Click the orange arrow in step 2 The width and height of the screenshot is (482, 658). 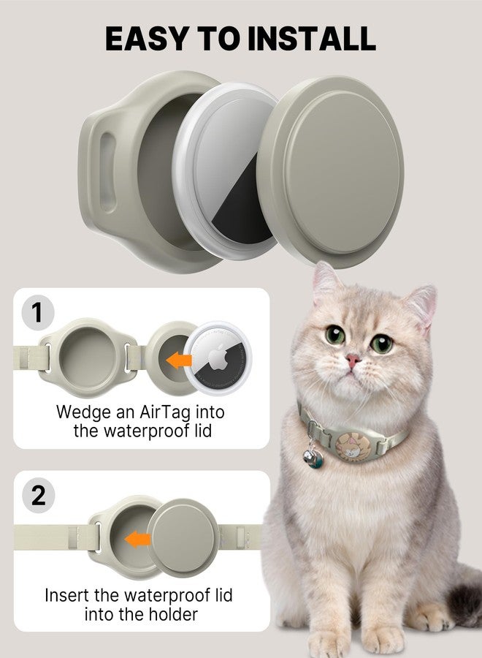[x=137, y=540]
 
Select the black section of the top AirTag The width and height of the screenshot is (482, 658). [x=232, y=212]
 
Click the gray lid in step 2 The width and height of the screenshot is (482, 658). [x=183, y=537]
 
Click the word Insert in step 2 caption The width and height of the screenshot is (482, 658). [x=66, y=595]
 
